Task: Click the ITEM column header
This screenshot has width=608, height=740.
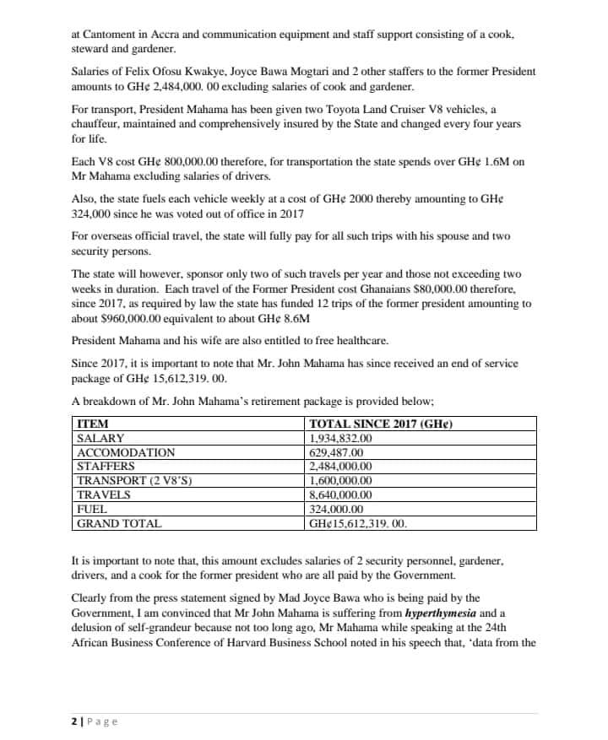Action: (92, 424)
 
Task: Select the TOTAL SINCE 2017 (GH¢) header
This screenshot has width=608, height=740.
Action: (381, 424)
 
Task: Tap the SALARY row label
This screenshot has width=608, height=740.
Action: (100, 438)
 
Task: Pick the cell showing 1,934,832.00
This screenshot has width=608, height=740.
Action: (341, 438)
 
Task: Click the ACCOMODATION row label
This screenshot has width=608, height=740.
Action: (126, 452)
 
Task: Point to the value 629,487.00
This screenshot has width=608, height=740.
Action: (337, 452)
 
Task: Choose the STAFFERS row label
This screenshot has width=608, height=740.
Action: (106, 466)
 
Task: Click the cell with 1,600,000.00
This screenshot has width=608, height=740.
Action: (341, 480)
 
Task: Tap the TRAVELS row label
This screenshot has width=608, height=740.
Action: (104, 494)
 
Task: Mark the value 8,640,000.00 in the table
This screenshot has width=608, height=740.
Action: (341, 494)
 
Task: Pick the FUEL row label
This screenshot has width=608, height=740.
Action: (92, 509)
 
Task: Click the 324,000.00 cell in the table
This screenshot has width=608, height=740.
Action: (337, 509)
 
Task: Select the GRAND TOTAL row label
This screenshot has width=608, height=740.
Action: (119, 523)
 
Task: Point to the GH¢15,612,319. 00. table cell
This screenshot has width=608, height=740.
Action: (359, 523)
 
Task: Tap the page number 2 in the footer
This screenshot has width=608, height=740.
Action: (73, 721)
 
